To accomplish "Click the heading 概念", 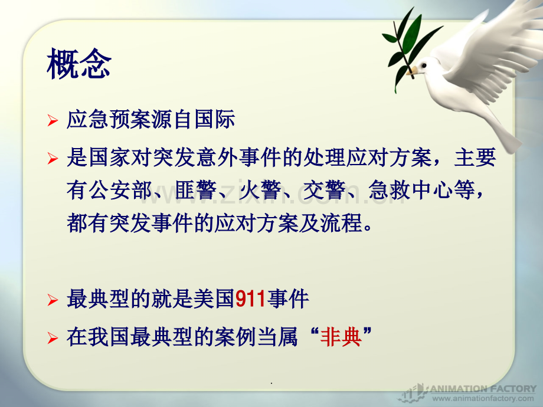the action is [x=79, y=64].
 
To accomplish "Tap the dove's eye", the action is [x=424, y=65].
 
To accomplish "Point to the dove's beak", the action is [x=412, y=71].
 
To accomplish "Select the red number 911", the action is [x=250, y=298].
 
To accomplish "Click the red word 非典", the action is [x=341, y=336].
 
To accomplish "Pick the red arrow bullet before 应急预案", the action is [x=53, y=120].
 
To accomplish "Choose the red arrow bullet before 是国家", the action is [x=53, y=159].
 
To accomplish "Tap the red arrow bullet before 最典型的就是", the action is [x=53, y=300].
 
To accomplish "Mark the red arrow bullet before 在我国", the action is [x=53, y=338].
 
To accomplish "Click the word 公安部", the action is [x=120, y=191].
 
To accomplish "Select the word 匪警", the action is [x=196, y=191].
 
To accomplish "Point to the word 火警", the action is [x=260, y=191].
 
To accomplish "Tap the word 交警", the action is [x=325, y=191].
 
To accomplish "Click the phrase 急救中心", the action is [x=411, y=191].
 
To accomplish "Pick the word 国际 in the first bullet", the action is [x=215, y=119].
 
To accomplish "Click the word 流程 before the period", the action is [x=342, y=223].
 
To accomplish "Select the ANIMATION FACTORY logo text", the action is [x=483, y=389].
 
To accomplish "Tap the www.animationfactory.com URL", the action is [x=483, y=398].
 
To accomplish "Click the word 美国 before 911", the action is [x=214, y=298].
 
